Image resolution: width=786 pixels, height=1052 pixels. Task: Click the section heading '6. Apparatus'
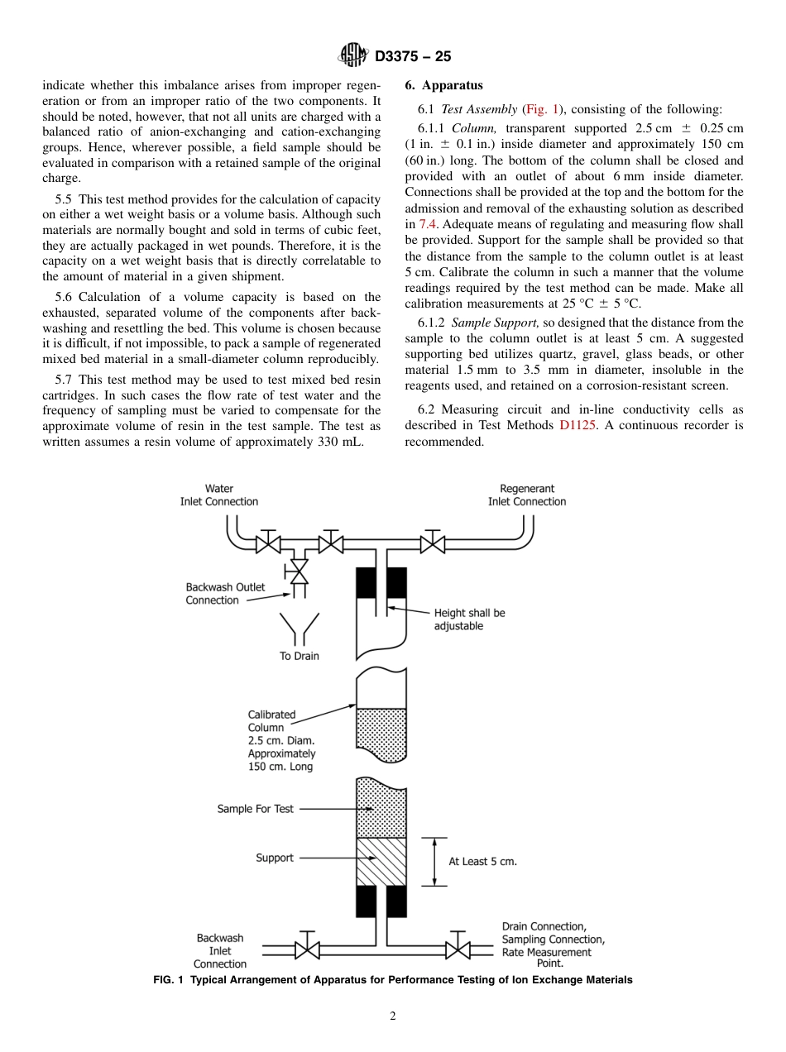[443, 85]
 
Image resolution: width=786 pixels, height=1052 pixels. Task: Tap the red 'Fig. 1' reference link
[544, 109]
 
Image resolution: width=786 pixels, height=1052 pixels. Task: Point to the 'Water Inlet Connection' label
[219, 495]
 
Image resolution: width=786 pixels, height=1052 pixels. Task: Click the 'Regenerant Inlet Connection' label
[527, 495]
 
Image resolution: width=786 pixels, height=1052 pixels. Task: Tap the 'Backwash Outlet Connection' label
[225, 594]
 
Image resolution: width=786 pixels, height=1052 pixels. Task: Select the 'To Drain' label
[299, 656]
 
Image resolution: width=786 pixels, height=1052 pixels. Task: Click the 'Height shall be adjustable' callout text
[469, 619]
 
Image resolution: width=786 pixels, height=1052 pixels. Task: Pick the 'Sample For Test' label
[255, 809]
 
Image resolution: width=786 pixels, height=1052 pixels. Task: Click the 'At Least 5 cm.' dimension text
[482, 861]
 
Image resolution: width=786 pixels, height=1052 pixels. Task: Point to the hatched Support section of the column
[381, 861]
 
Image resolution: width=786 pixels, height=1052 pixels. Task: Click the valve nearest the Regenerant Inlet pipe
[431, 543]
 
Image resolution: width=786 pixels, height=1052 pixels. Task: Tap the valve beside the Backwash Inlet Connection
[308, 948]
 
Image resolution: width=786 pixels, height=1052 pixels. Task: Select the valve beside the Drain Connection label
[458, 948]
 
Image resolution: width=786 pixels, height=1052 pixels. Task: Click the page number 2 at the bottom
[393, 1016]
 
